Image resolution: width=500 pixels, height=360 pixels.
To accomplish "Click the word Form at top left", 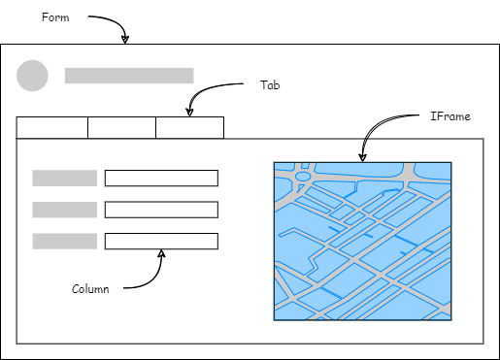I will tap(55, 17).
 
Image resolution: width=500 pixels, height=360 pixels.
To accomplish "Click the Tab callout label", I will tap(270, 84).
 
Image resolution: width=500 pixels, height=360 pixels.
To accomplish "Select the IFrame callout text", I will tap(450, 116).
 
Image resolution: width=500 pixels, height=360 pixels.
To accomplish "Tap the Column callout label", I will tap(90, 289).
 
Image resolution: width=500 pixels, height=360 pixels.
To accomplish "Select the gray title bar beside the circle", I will tap(129, 76).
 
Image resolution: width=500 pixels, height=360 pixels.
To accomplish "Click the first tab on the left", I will tap(52, 128).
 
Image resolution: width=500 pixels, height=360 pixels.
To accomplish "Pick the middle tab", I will tap(121, 128).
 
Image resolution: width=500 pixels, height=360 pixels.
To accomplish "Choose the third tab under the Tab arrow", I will tap(189, 128).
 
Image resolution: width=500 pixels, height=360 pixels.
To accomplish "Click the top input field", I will tap(161, 178).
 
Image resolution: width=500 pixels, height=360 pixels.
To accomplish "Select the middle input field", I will tap(161, 210).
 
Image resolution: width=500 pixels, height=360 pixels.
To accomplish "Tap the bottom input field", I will tap(161, 242).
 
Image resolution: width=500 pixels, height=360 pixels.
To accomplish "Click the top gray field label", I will tap(64, 178).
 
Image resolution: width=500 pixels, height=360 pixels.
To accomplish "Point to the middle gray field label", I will tap(64, 210).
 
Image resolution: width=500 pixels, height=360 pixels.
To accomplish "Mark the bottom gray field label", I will tap(64, 242).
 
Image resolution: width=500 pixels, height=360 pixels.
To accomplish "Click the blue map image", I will tap(362, 241).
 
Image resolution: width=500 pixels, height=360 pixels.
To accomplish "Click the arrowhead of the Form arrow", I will tap(124, 40).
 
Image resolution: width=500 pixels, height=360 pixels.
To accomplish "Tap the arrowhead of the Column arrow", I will tap(161, 254).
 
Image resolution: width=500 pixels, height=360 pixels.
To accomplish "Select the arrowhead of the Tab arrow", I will tap(190, 112).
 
